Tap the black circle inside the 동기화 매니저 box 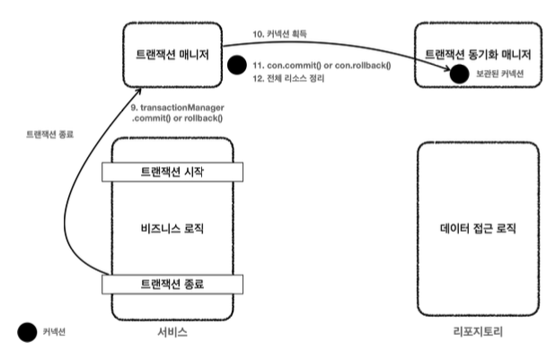[x=459, y=74]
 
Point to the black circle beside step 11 [x=237, y=66]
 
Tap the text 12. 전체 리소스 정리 [x=287, y=79]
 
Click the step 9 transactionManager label [x=184, y=113]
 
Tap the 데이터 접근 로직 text [x=477, y=228]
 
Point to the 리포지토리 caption [x=479, y=332]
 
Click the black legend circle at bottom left [x=27, y=332]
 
